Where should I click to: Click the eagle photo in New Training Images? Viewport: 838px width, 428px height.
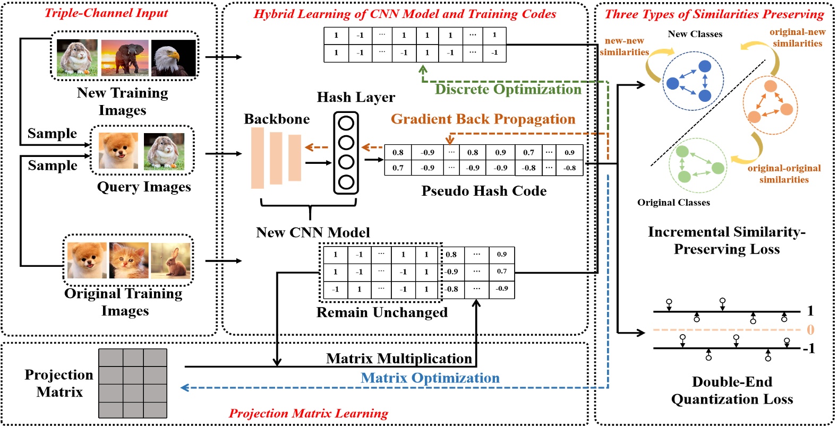[174, 58]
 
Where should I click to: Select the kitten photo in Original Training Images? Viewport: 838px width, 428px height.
[129, 260]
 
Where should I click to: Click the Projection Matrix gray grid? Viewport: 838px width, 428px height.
[133, 383]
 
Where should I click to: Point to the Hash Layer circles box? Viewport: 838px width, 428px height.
[346, 153]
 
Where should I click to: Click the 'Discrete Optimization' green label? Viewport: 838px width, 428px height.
[508, 89]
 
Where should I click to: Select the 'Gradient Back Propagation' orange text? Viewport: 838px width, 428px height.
[483, 119]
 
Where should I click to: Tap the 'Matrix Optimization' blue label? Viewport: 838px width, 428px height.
[430, 378]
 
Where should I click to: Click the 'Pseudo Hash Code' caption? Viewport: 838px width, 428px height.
[484, 191]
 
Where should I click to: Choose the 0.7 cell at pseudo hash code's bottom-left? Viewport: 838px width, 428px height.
[398, 168]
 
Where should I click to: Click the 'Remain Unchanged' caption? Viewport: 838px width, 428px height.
[382, 312]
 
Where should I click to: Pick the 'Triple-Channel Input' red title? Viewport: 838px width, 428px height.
[106, 13]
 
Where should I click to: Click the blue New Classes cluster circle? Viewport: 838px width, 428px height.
[692, 81]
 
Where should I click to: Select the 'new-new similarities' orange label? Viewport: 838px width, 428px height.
[624, 47]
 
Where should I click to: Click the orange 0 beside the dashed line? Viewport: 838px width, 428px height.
[810, 330]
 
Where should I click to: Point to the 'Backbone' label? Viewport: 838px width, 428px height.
[277, 119]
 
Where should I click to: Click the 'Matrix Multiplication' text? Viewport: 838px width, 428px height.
[399, 359]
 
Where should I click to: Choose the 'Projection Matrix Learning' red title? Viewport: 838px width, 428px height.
[308, 413]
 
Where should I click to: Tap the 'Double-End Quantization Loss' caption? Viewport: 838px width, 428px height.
[732, 390]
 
